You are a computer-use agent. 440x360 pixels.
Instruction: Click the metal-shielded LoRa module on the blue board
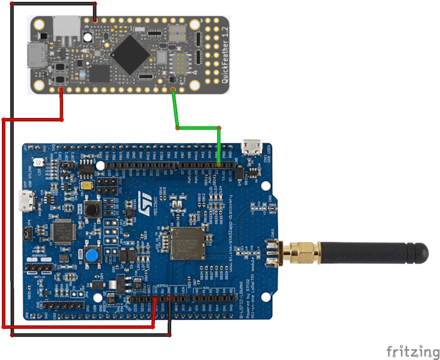coord(189,243)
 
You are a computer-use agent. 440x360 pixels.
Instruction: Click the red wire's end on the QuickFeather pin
coord(62,90)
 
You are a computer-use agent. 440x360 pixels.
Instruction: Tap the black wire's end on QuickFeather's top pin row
coord(95,20)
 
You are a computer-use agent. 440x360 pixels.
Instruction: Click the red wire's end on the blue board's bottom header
coord(154,299)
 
